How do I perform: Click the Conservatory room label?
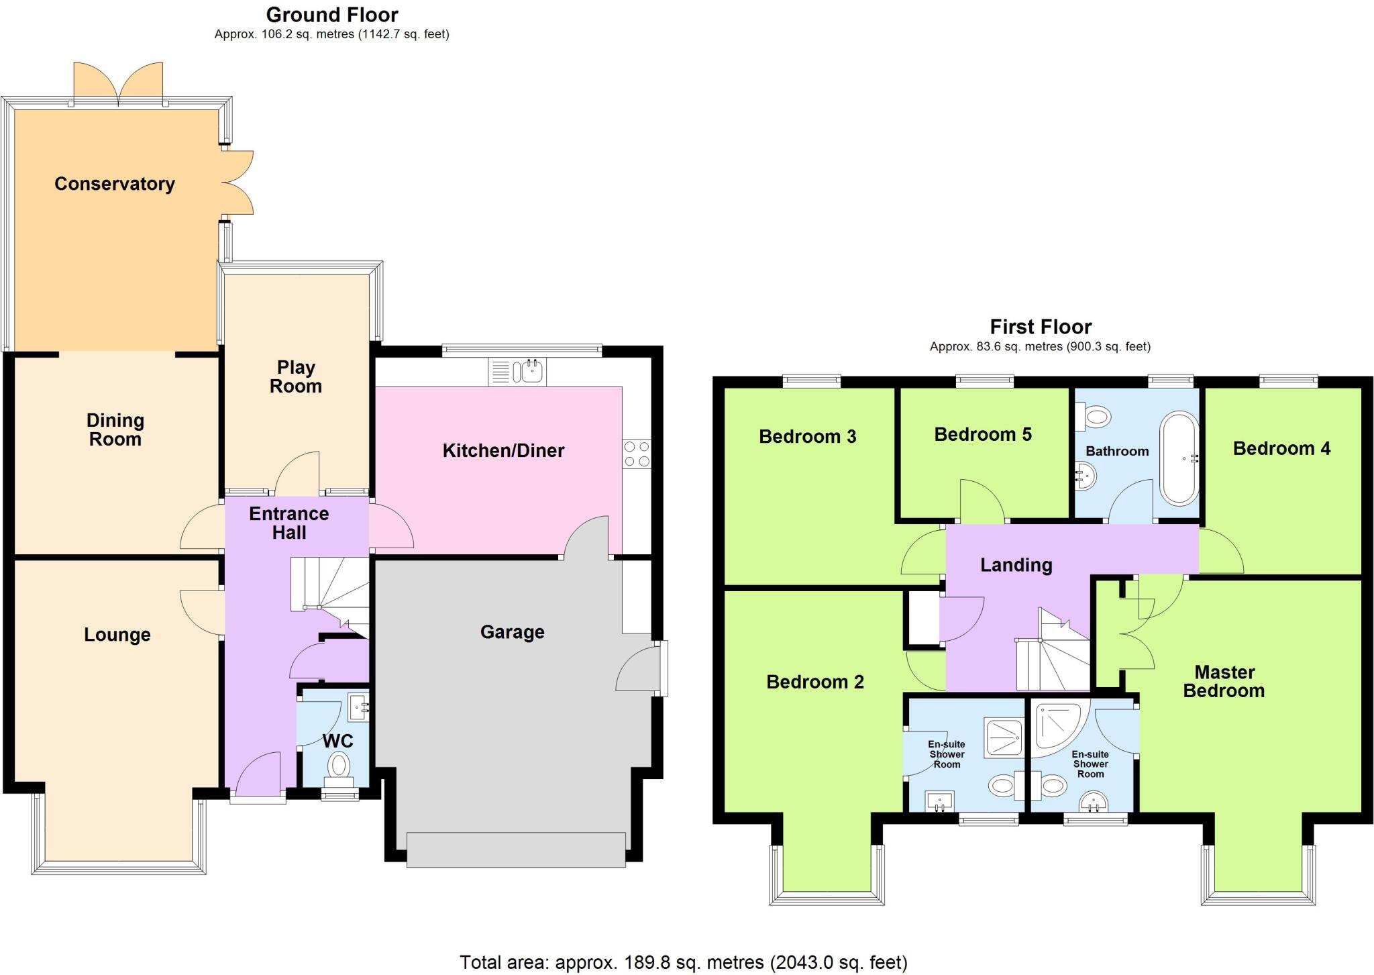coord(115,184)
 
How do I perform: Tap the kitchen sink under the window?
coord(517,372)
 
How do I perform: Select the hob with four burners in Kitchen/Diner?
coord(636,454)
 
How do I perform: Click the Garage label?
coord(512,632)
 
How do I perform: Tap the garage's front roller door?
coord(516,850)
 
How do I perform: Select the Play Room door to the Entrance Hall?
coord(297,474)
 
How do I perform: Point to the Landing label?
coord(1016,565)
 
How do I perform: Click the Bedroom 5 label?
coord(982,435)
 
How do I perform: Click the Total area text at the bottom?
coord(683,963)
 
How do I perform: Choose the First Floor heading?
coord(1041,327)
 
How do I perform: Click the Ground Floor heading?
coord(332,15)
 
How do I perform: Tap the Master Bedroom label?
coord(1224,681)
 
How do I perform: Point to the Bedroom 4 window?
coord(1288,381)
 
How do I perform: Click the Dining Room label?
coord(115,430)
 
